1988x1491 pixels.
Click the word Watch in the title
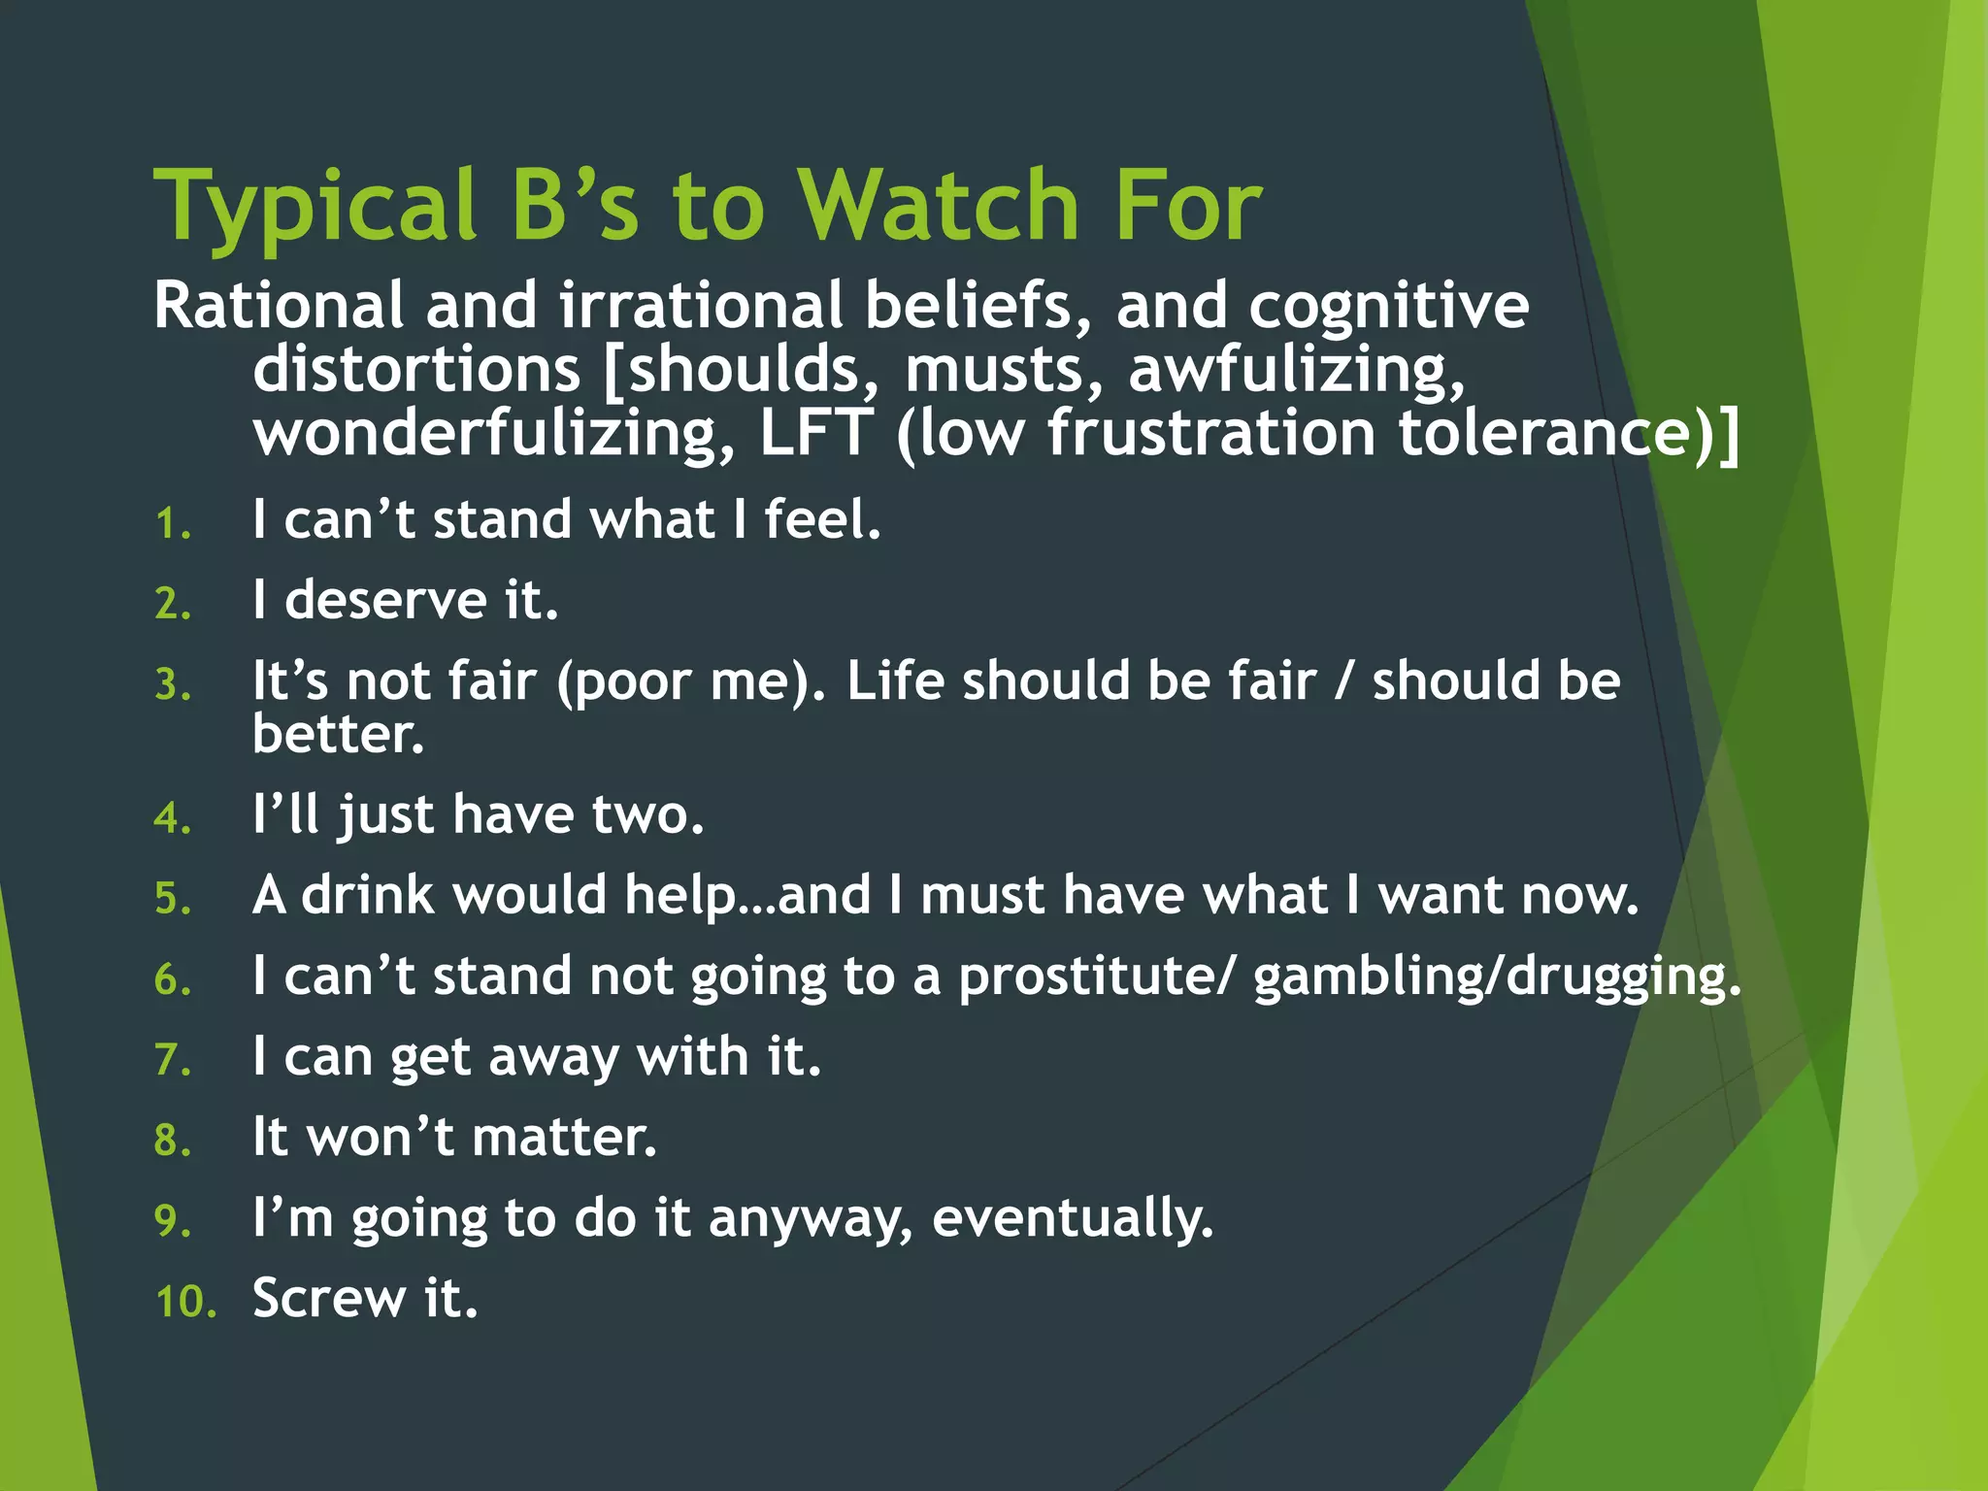tap(939, 206)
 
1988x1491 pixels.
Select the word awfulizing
tap(1296, 370)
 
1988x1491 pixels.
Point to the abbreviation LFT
tap(815, 433)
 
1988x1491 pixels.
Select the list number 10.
tap(184, 1302)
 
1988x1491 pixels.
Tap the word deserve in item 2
tap(385, 600)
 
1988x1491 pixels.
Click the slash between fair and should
tap(1342, 680)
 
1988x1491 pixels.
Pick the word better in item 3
tap(338, 734)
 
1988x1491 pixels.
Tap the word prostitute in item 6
tap(1097, 977)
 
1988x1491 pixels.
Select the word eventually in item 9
tap(1072, 1219)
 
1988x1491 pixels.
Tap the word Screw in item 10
tap(329, 1299)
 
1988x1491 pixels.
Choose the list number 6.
tap(172, 979)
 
